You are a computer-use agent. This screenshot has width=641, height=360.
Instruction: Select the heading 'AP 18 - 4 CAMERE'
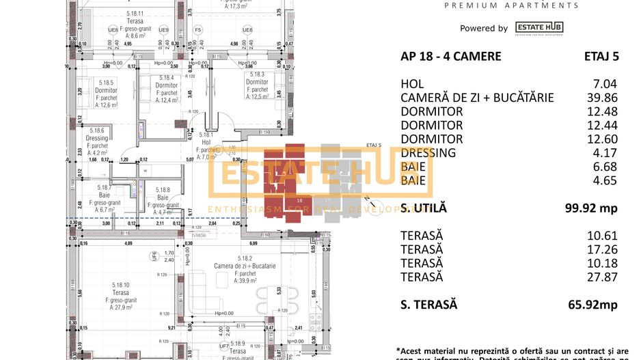[450, 56]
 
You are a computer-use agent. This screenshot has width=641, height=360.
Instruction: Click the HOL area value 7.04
[607, 84]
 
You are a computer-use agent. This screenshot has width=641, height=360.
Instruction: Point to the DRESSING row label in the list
[428, 152]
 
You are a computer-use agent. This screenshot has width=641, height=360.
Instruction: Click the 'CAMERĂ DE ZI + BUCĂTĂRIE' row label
[477, 98]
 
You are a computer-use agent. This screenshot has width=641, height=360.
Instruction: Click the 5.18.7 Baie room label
[105, 198]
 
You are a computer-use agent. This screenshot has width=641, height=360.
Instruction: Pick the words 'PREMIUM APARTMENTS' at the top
[511, 5]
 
